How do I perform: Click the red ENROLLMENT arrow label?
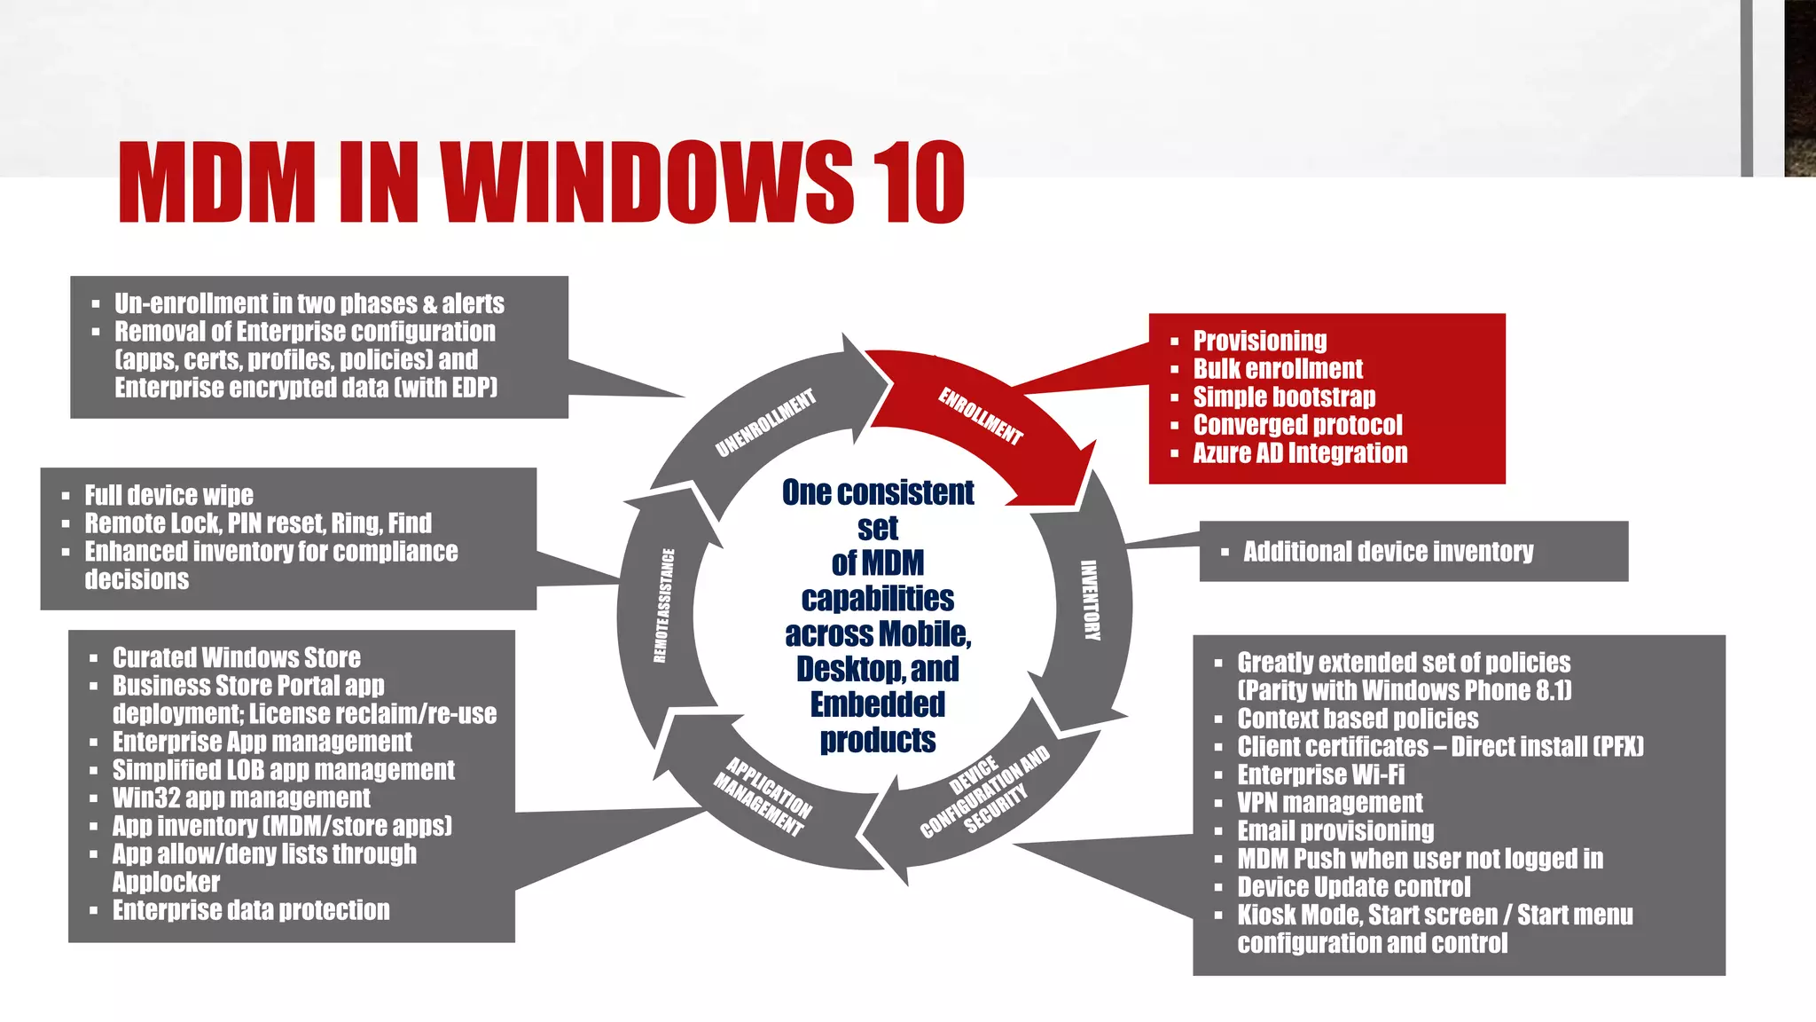click(x=981, y=415)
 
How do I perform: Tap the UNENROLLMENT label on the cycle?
click(x=764, y=423)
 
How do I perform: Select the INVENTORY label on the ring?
click(x=1090, y=600)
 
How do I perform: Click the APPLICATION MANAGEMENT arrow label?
click(x=763, y=797)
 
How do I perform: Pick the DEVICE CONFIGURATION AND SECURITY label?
click(x=985, y=792)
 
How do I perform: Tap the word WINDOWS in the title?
click(x=646, y=183)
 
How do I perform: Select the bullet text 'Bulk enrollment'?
click(x=1278, y=368)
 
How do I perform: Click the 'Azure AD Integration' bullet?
click(x=1300, y=452)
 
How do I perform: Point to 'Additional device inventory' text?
click(x=1388, y=551)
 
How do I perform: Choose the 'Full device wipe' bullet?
click(x=168, y=494)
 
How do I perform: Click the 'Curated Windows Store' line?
click(x=236, y=657)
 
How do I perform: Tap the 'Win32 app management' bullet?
click(x=241, y=798)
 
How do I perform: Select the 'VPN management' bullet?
click(x=1330, y=802)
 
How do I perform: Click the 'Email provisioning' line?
click(x=1335, y=830)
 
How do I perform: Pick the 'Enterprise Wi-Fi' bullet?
click(x=1321, y=774)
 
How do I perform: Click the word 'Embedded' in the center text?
click(x=878, y=704)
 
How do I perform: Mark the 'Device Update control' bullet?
click(x=1354, y=886)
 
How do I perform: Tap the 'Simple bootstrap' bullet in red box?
click(x=1284, y=397)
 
